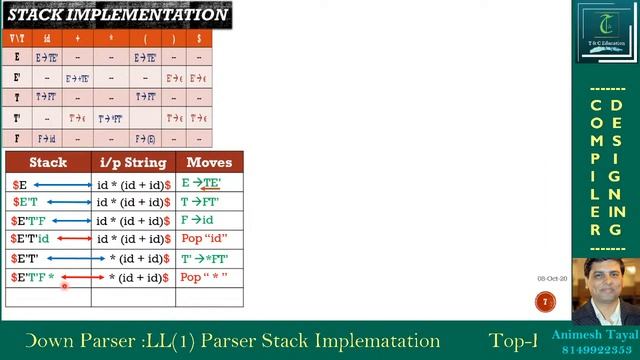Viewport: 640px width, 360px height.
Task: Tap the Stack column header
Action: click(48, 162)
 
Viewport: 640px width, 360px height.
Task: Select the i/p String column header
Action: click(133, 162)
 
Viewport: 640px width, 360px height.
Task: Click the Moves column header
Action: click(209, 162)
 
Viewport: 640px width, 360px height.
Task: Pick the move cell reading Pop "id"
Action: click(204, 239)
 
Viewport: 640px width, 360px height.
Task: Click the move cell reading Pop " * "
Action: click(204, 277)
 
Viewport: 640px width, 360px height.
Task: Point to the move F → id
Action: click(198, 220)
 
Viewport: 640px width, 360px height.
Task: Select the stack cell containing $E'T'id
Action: click(30, 239)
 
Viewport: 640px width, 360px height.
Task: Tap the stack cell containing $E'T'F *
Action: click(33, 277)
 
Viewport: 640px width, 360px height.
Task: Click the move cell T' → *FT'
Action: click(204, 258)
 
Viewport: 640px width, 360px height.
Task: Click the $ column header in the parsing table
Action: click(198, 38)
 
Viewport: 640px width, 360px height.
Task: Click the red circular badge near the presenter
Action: click(545, 301)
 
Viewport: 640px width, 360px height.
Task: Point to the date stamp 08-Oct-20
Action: click(552, 278)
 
